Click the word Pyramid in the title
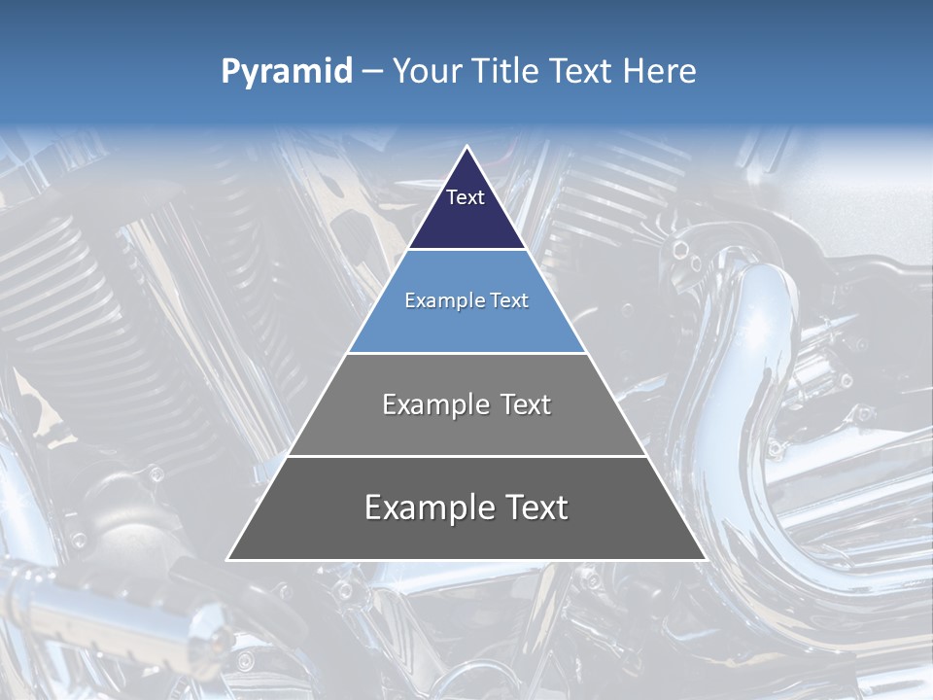287,72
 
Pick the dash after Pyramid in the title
372,72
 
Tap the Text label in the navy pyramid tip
466,197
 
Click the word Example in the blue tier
438,300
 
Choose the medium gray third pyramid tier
466,434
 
